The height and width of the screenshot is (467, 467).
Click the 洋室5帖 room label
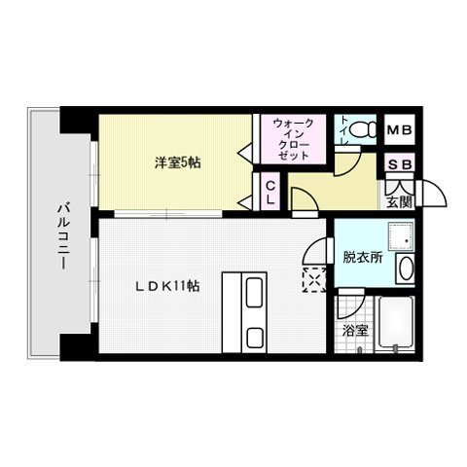tap(176, 162)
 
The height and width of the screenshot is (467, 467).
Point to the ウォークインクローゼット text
tap(293, 139)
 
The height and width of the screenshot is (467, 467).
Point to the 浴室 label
tap(354, 330)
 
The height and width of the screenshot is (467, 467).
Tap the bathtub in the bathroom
tap(398, 326)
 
